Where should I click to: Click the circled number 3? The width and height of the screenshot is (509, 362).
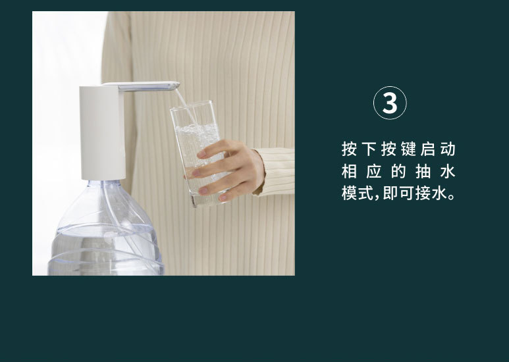tap(390, 103)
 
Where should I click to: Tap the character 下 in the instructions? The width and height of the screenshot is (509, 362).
tap(369, 149)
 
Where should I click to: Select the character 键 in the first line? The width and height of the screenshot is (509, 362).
tap(408, 149)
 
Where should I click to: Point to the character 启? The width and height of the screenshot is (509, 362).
tap(428, 149)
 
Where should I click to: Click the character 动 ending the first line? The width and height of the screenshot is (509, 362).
tap(448, 149)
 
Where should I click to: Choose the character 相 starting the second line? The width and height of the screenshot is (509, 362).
tap(349, 171)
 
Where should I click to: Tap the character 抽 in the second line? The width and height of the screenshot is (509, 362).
tap(423, 171)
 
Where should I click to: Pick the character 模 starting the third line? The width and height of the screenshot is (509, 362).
tap(349, 194)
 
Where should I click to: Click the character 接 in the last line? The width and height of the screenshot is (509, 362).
tap(423, 194)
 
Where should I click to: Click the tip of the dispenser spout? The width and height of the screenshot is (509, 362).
tap(178, 86)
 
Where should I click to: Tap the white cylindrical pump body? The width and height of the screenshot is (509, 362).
tap(102, 132)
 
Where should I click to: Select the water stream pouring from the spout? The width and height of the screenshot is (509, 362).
tap(185, 105)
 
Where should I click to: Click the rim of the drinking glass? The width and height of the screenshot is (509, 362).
tap(191, 105)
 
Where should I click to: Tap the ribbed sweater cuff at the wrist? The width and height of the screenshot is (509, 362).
tap(275, 172)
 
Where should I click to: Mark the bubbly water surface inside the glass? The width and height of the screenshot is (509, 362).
tap(197, 128)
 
